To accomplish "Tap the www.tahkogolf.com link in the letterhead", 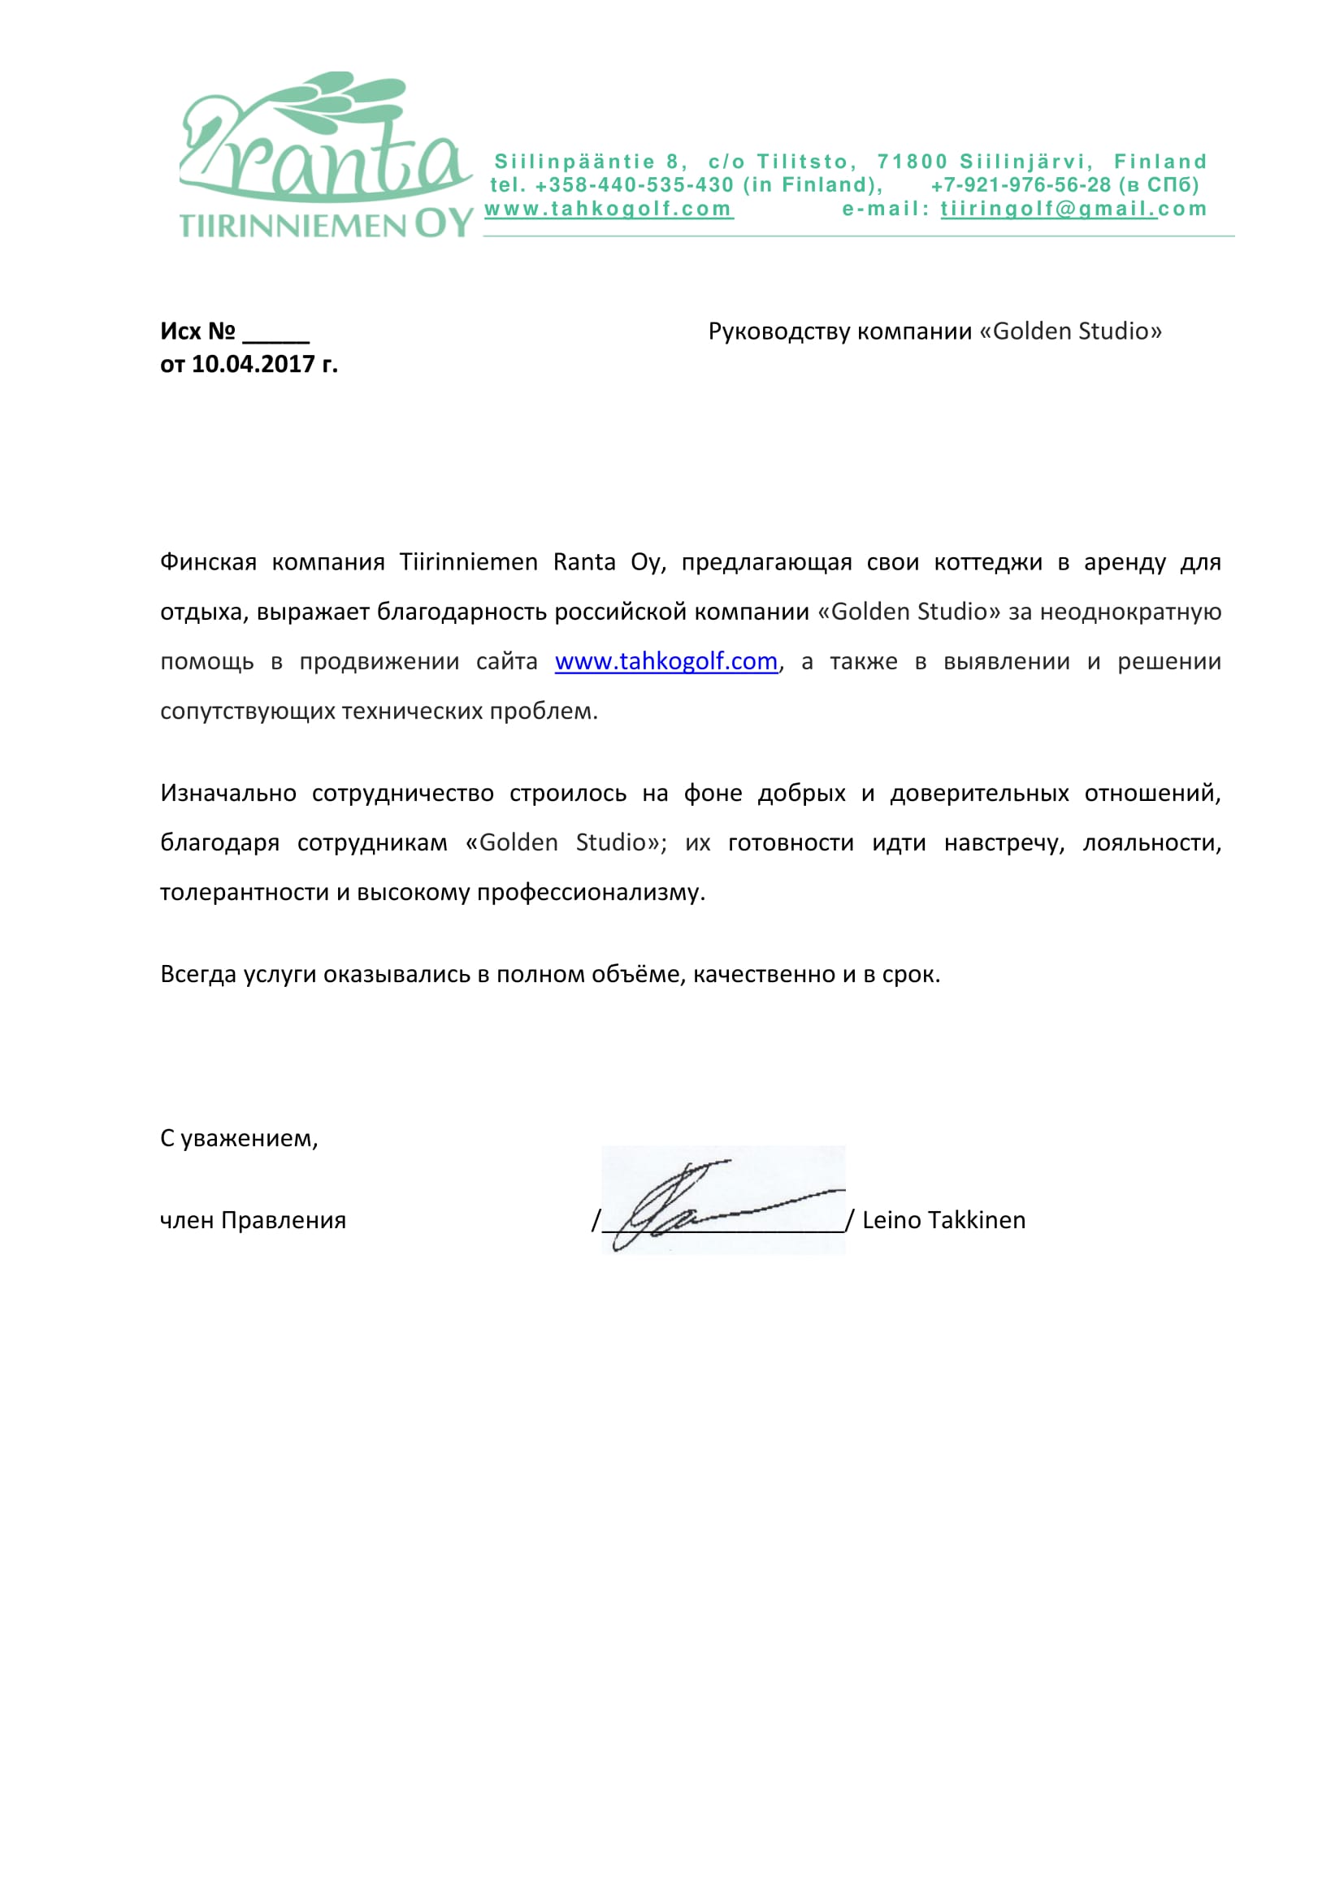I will pos(609,210).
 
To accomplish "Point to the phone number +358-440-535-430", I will pos(634,185).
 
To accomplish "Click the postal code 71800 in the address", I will pos(912,162).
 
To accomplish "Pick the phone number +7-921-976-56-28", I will pos(1021,185).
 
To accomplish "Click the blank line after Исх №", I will pos(275,334).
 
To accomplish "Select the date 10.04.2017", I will pos(254,364).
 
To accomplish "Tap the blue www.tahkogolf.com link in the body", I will pos(666,662).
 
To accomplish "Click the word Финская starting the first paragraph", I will pos(208,563).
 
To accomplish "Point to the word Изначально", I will pos(228,794).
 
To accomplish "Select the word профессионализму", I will pos(590,893).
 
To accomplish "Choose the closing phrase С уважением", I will pos(238,1139).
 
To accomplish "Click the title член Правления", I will pos(253,1221).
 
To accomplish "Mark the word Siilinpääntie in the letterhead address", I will pos(574,162).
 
